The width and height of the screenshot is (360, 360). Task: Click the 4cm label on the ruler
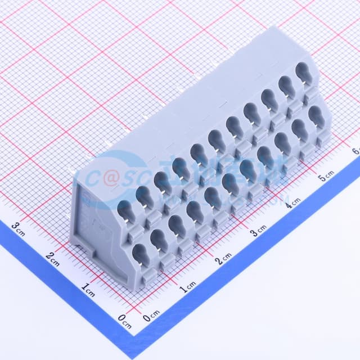point(292,201)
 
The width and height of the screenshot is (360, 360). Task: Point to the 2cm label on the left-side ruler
point(52,258)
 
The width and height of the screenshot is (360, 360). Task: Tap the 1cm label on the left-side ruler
point(88,289)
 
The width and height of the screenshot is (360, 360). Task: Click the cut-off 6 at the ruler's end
point(355,151)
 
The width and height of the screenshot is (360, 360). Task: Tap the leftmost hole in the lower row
point(140,256)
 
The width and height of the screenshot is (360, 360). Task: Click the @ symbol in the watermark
point(110,178)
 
